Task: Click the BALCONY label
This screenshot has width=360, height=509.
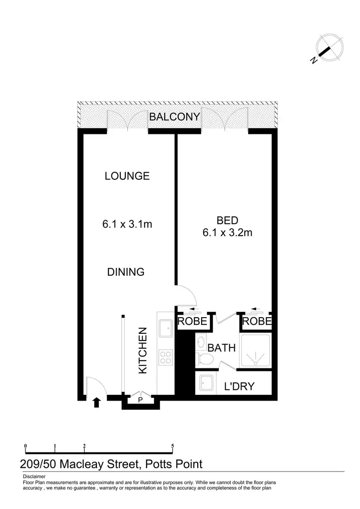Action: click(174, 117)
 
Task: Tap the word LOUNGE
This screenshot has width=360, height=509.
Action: click(127, 176)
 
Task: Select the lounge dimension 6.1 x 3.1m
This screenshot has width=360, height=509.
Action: click(127, 224)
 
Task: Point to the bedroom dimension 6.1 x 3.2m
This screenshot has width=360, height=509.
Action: click(228, 233)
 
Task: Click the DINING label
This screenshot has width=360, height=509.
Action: click(125, 272)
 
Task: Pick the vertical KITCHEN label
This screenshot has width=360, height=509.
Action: click(143, 350)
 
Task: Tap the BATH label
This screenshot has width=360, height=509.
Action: click(221, 347)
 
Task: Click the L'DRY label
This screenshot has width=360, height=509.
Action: click(240, 386)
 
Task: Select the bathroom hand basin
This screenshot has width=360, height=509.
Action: click(201, 342)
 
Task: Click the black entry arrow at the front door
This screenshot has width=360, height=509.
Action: click(96, 402)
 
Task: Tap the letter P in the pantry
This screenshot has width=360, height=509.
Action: click(141, 400)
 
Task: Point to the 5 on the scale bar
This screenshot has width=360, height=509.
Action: click(172, 446)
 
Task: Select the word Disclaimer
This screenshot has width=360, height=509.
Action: click(34, 476)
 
